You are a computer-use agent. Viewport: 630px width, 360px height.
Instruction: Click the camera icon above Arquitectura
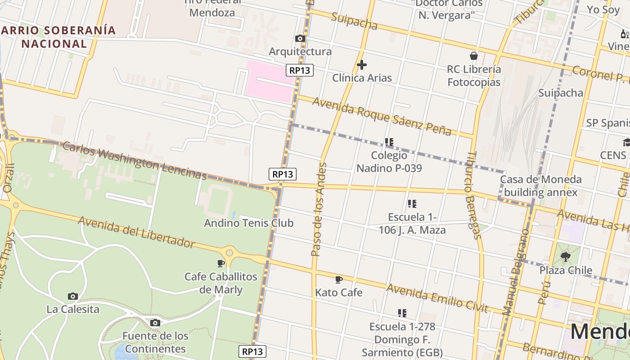[x=300, y=39]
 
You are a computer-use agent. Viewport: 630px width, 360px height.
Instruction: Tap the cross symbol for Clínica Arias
[x=361, y=65]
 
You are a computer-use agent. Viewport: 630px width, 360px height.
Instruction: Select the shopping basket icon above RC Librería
[x=474, y=56]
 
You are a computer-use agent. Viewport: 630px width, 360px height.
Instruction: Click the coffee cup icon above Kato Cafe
[x=339, y=279]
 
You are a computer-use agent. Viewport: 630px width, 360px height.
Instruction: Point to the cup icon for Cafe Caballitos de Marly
[x=221, y=263]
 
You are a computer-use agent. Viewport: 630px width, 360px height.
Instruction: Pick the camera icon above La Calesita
[x=73, y=296]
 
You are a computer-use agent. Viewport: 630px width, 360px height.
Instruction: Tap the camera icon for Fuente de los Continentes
[x=155, y=323]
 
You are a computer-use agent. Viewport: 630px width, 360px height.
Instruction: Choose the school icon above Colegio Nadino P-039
[x=389, y=142]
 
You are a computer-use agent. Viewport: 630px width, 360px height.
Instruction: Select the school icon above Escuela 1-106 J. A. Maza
[x=412, y=204]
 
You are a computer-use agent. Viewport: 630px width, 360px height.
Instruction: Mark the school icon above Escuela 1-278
[x=402, y=313]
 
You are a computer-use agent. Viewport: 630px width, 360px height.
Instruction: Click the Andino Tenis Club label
[x=249, y=223]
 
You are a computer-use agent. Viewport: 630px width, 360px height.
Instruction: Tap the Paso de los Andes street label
[x=318, y=209]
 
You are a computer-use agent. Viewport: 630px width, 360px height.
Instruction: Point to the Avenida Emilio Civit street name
[x=437, y=297]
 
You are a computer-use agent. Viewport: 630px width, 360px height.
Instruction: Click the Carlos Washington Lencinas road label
[x=135, y=161]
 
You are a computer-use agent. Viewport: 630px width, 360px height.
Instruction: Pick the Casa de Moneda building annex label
[x=540, y=186]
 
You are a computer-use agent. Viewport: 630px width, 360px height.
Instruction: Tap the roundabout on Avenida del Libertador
[x=229, y=253]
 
